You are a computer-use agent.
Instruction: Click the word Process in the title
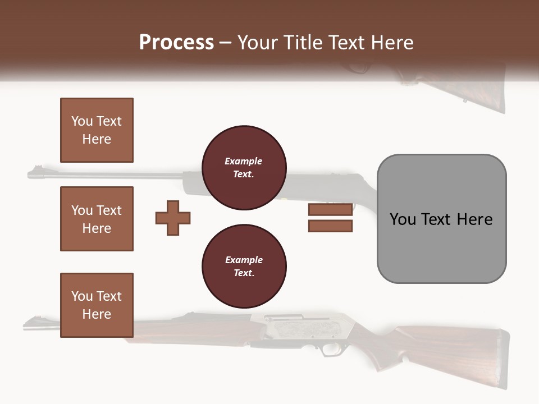(x=176, y=43)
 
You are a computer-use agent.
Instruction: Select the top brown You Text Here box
(x=97, y=130)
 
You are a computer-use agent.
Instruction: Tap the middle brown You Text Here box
(x=97, y=219)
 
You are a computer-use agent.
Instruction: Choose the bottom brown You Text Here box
(x=97, y=305)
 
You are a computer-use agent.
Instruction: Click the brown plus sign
(x=173, y=218)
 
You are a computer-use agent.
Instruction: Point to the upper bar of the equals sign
(x=330, y=209)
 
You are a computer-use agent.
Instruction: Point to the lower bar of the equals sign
(x=330, y=226)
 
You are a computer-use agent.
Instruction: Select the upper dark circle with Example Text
(x=244, y=168)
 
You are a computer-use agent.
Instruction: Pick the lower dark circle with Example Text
(x=244, y=267)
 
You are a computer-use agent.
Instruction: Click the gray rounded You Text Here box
(x=441, y=219)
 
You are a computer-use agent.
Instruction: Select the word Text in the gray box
(x=437, y=219)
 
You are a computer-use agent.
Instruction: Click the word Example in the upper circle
(x=244, y=161)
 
